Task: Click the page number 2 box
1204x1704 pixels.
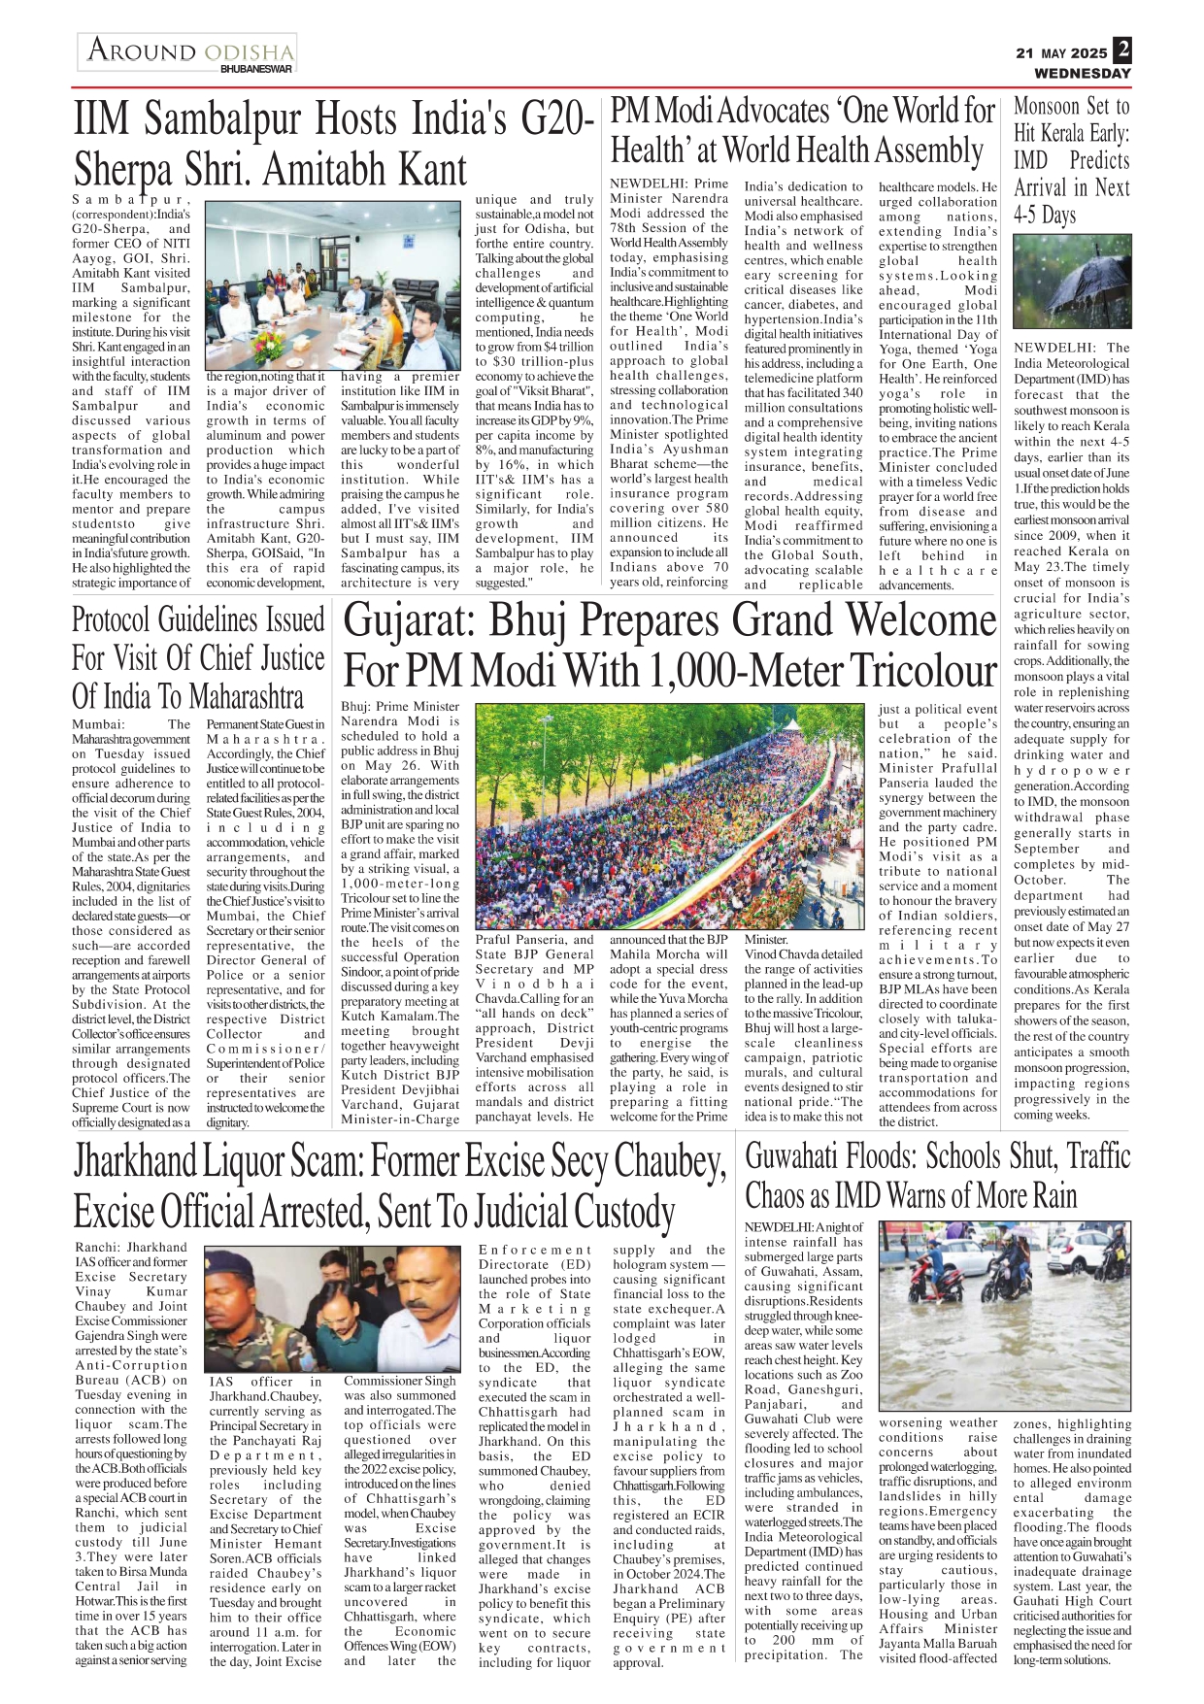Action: [1122, 50]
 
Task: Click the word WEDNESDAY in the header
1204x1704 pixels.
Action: [1083, 74]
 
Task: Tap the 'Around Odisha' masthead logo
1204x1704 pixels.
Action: [187, 52]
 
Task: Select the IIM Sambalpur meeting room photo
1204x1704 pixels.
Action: [333, 285]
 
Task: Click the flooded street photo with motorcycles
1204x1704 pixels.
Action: [1004, 1316]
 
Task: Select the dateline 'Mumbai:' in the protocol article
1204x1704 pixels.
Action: [97, 724]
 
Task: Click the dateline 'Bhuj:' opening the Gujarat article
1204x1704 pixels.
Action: [356, 707]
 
